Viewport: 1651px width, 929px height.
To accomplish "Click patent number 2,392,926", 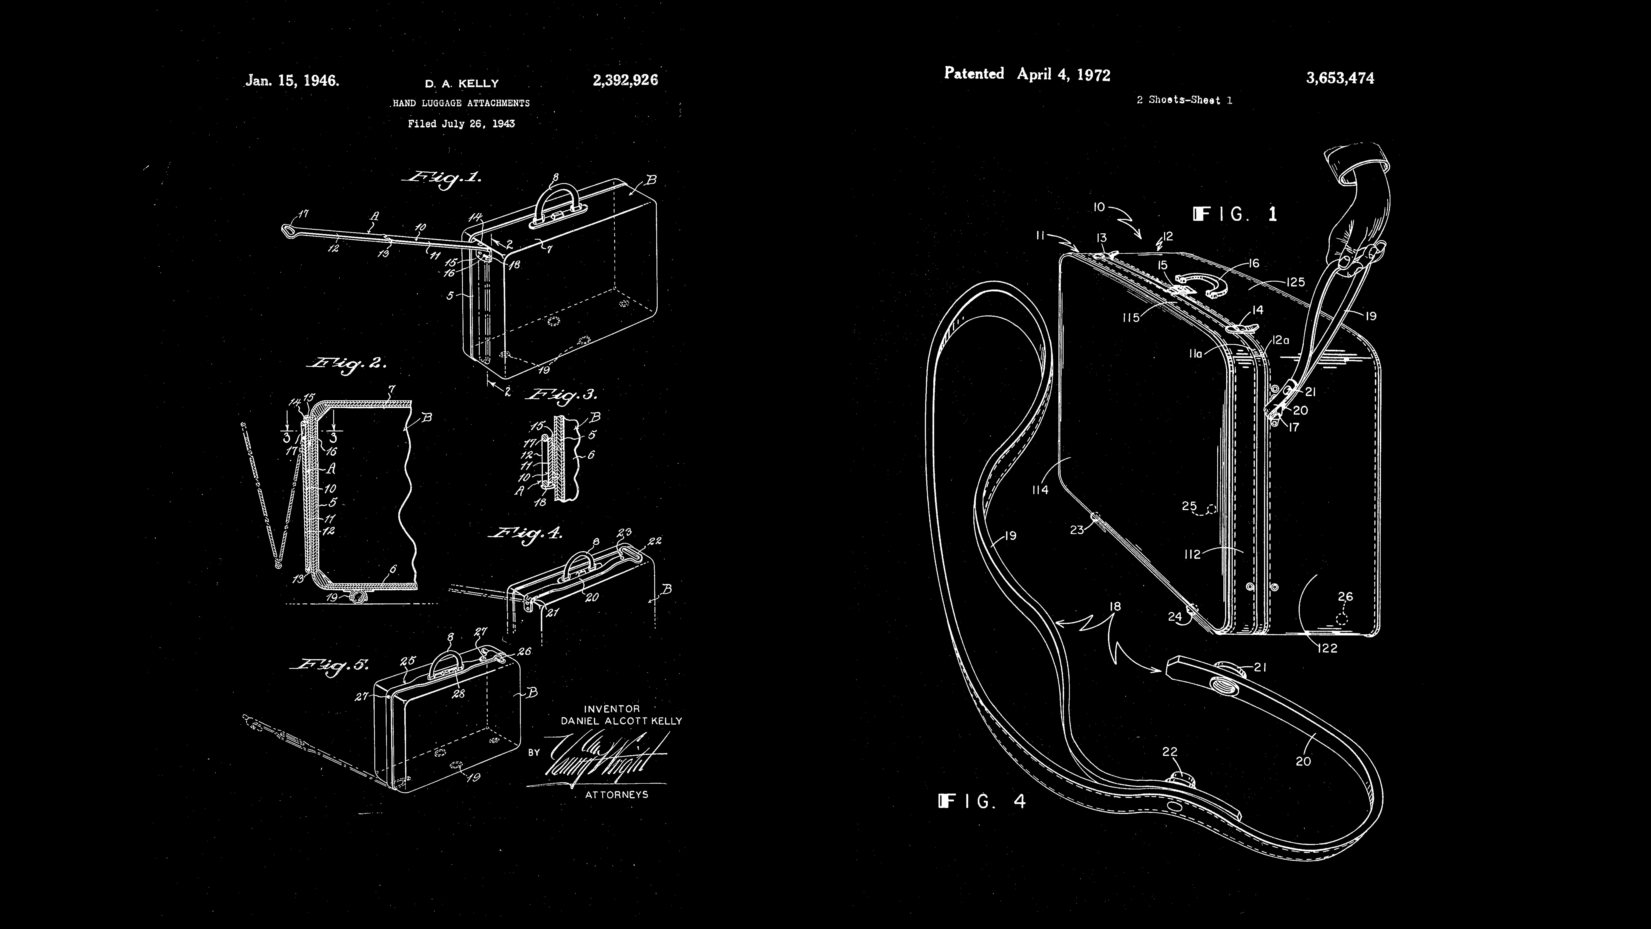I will coord(625,80).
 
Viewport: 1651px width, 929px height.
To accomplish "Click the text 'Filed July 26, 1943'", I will coord(461,124).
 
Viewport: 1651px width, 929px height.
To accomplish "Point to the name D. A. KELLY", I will coord(462,83).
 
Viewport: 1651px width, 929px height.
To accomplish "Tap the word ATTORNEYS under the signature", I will coord(617,794).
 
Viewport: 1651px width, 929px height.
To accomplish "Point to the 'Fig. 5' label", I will coord(330,665).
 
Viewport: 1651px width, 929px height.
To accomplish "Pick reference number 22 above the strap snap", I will coord(1170,751).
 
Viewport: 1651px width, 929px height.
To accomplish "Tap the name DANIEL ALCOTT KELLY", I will coord(621,721).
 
